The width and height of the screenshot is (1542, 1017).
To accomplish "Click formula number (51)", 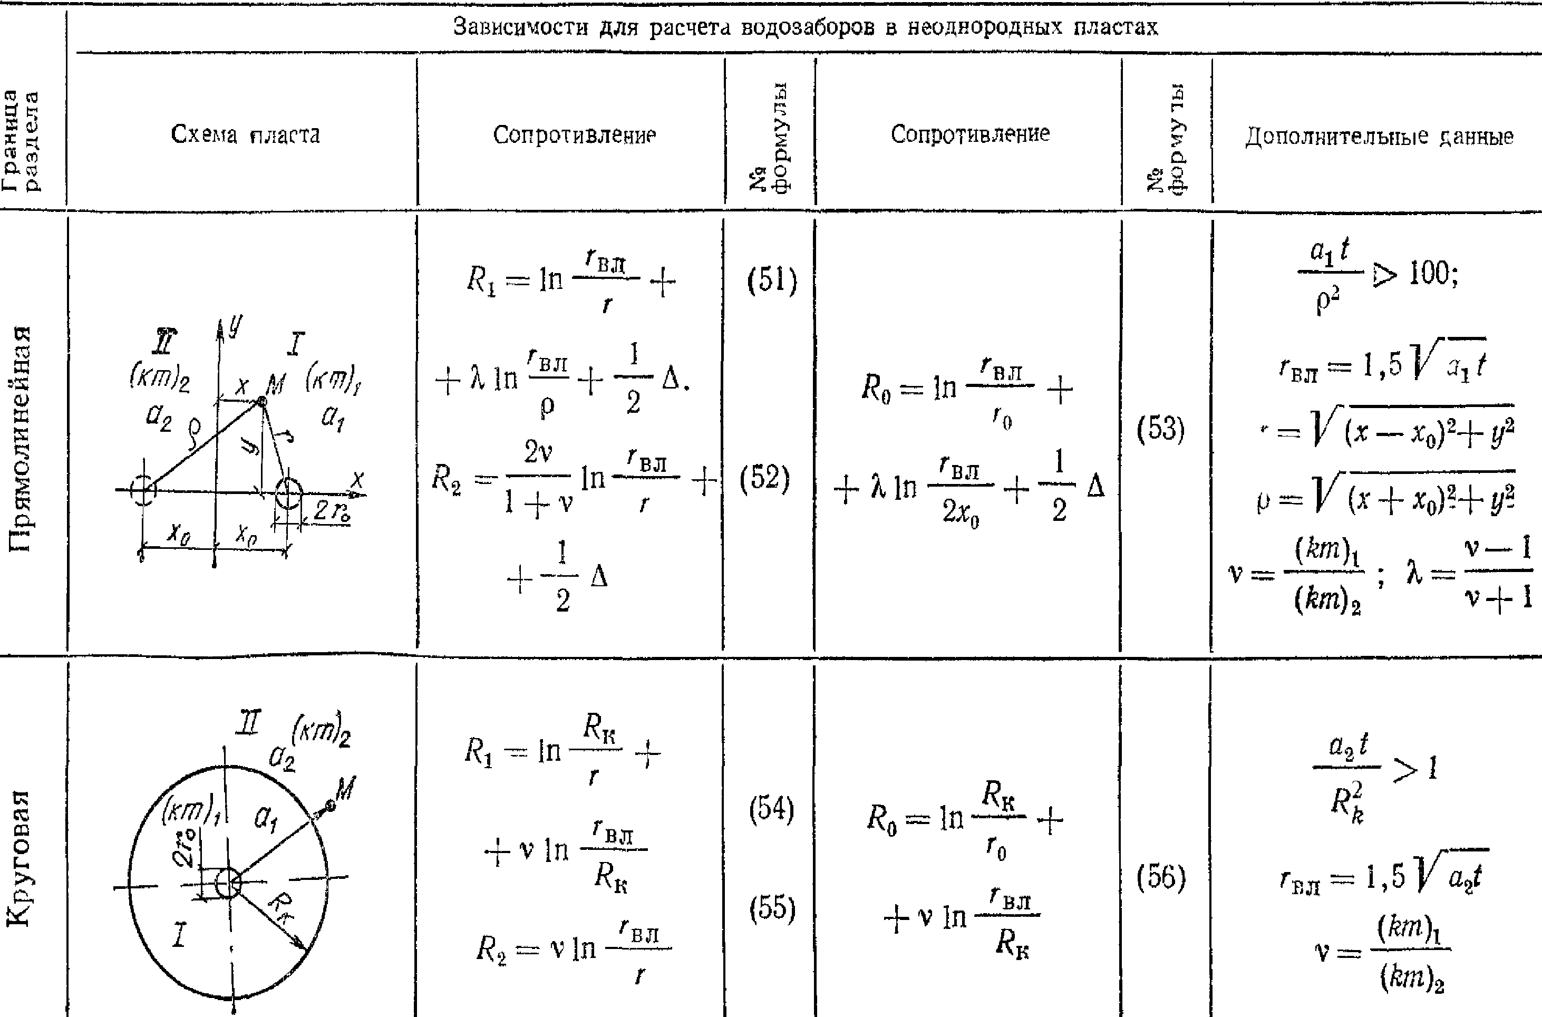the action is [772, 281].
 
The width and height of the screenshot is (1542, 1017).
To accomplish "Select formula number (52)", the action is [765, 479].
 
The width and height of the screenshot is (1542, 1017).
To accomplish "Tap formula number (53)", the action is [1161, 429].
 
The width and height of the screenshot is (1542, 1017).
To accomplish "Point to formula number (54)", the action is [772, 809].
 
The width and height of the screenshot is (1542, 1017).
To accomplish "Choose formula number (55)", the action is [772, 908].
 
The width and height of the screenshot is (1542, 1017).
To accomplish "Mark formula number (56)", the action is [1161, 877].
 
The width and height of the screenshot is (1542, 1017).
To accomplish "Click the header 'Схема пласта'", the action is [245, 134].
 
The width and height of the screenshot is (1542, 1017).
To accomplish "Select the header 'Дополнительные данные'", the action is [1379, 136].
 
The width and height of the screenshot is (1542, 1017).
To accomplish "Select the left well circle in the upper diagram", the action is [143, 490].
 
